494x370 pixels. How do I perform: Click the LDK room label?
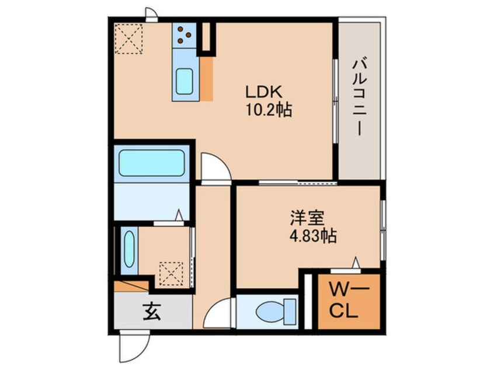coord(263,92)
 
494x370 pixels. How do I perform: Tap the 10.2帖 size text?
coord(269,110)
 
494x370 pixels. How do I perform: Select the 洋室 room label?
coord(308,218)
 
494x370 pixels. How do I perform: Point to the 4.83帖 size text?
coord(313,235)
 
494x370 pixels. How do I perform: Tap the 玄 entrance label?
coord(152,312)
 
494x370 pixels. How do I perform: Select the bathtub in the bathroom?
coord(152,163)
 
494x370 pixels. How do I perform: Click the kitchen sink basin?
coord(185,81)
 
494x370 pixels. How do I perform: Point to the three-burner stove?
coord(185,35)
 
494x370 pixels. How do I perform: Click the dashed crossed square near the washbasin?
coord(171,274)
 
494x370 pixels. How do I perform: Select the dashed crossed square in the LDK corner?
coord(128,39)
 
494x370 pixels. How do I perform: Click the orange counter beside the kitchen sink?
coord(206,79)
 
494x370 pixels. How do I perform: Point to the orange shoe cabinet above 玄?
coord(131,286)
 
